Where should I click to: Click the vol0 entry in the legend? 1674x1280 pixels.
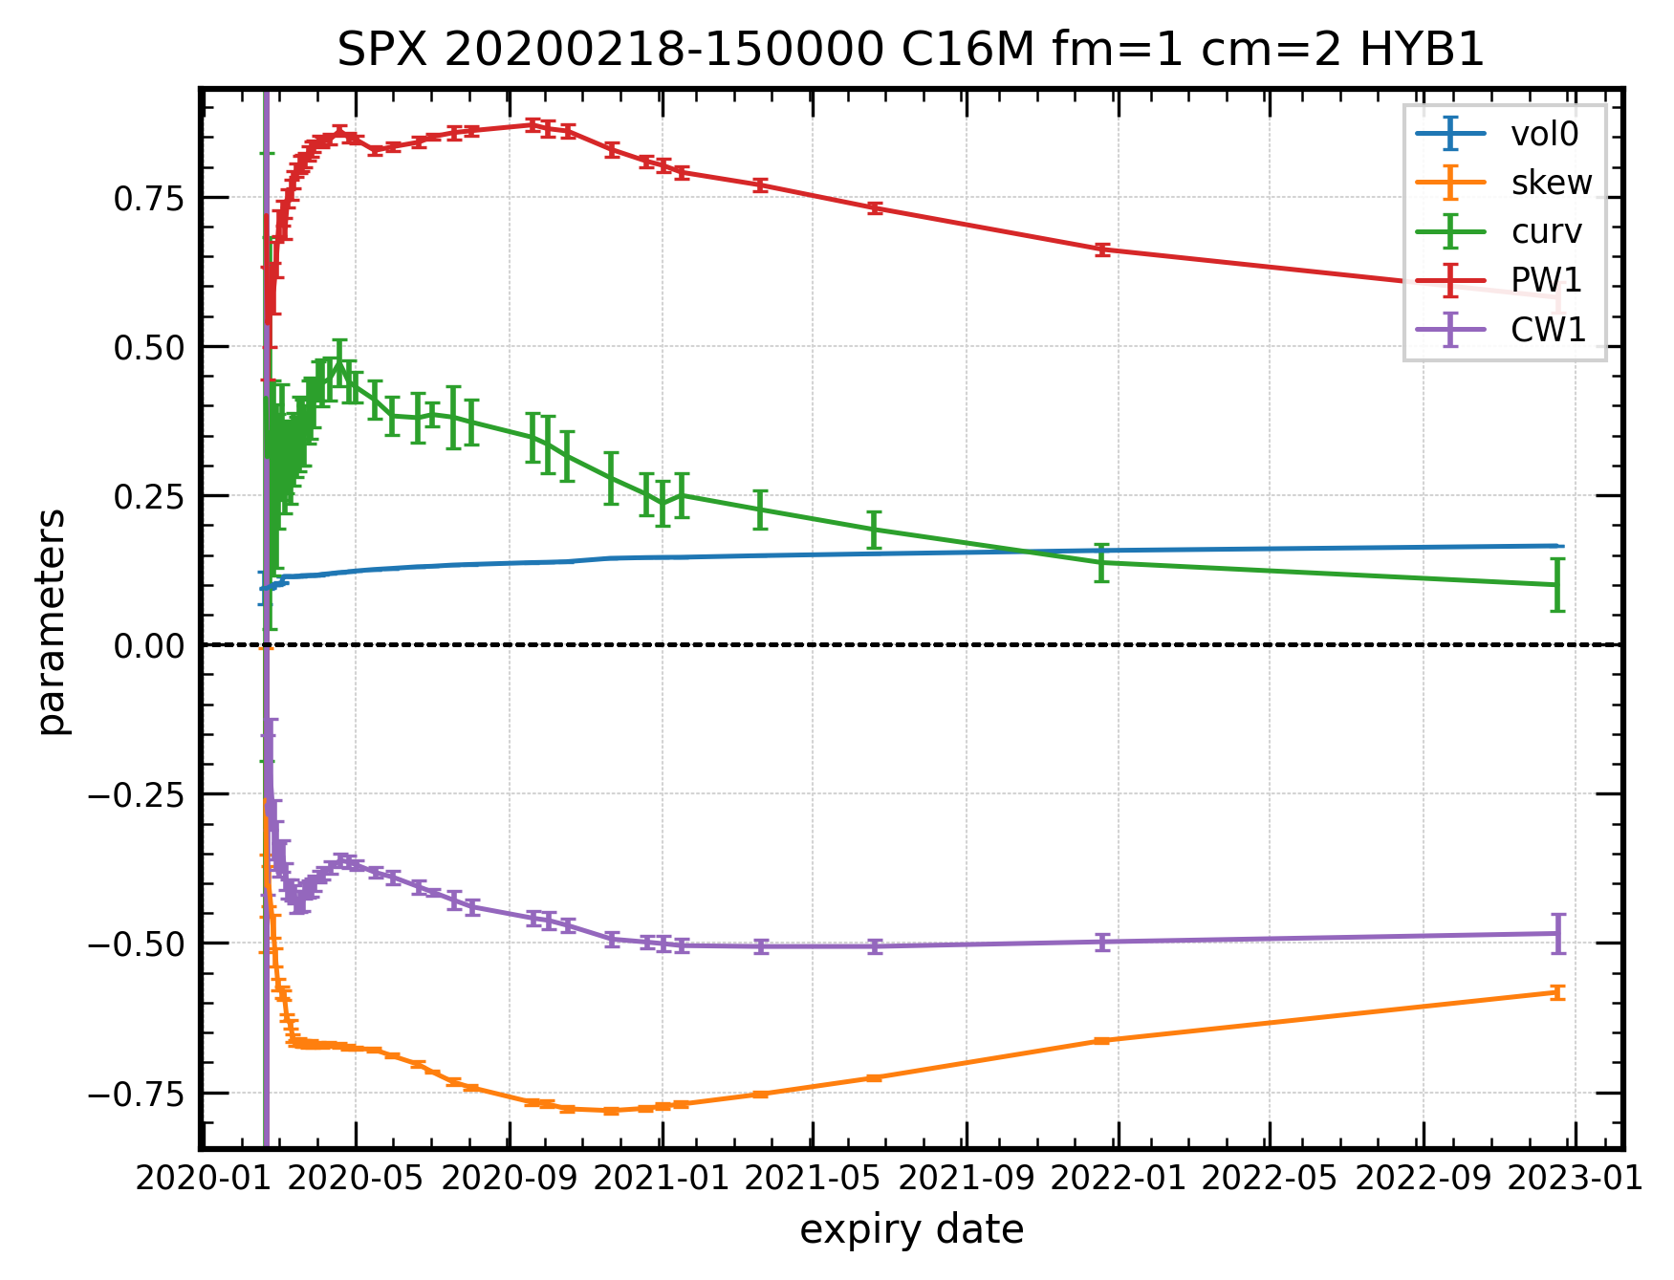pyautogui.click(x=1544, y=134)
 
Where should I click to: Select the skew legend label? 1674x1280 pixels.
pyautogui.click(x=1551, y=183)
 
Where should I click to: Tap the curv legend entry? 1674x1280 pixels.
pyautogui.click(x=1546, y=231)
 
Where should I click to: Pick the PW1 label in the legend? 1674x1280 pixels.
pyautogui.click(x=1546, y=280)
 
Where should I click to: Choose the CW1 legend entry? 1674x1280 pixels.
pyautogui.click(x=1548, y=330)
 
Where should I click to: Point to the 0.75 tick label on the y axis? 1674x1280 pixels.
pyautogui.click(x=148, y=199)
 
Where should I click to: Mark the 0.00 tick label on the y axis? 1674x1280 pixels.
pyautogui.click(x=148, y=646)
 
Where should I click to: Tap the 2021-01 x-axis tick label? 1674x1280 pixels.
pyautogui.click(x=661, y=1178)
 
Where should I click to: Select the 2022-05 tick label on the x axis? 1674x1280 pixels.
pyautogui.click(x=1270, y=1178)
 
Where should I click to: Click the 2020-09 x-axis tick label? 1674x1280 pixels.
pyautogui.click(x=509, y=1178)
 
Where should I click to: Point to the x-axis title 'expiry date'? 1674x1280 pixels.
pyautogui.click(x=911, y=1229)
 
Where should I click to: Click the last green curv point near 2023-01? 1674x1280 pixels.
pyautogui.click(x=1557, y=585)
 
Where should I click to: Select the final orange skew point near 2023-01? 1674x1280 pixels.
pyautogui.click(x=1557, y=992)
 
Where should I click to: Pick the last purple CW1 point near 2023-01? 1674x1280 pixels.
pyautogui.click(x=1557, y=934)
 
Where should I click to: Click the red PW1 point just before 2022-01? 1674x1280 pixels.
pyautogui.click(x=1102, y=249)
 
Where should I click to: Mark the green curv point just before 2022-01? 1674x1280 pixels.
pyautogui.click(x=1102, y=562)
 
